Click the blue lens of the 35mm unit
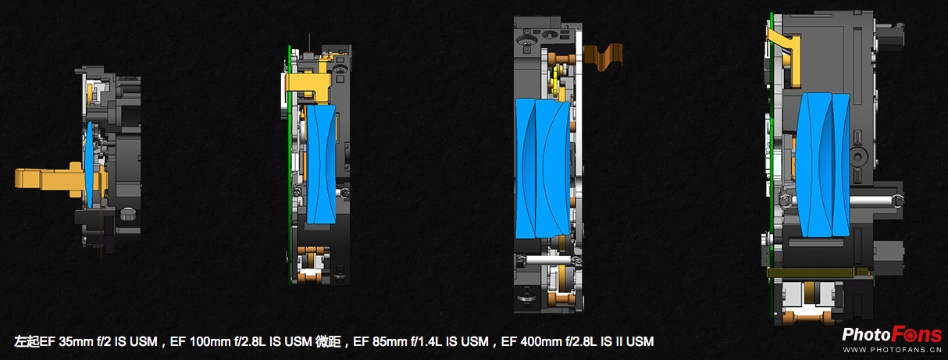90,165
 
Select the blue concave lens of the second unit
321,164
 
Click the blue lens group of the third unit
543,169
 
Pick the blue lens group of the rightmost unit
823,165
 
